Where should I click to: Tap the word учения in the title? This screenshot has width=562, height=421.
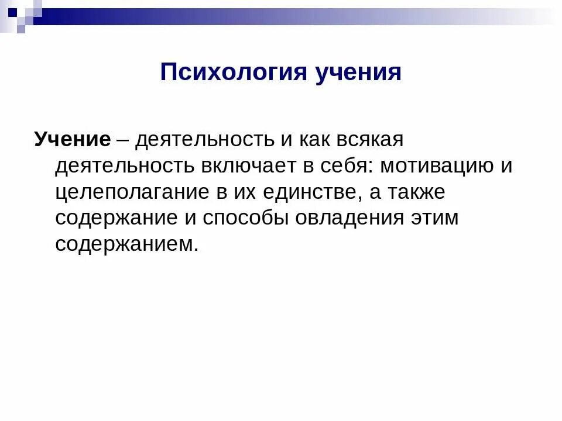click(x=359, y=73)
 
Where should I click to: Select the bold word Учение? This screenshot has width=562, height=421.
click(x=72, y=139)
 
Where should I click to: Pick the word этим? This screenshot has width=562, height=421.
click(x=436, y=218)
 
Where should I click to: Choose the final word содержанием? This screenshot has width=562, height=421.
click(x=128, y=244)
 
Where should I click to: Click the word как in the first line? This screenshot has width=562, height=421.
click(x=316, y=139)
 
